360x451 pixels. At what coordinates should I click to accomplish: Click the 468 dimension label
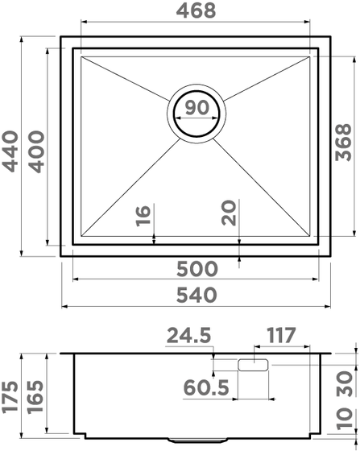coord(196,10)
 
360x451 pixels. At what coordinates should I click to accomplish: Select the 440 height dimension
coord(10,151)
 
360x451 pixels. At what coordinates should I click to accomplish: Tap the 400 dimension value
coord(37,151)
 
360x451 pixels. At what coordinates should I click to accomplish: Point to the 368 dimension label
coord(344,143)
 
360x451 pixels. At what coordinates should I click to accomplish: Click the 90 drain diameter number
coord(197,107)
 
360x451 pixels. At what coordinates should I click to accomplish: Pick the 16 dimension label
coord(143,216)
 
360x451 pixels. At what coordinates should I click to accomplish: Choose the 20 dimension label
coord(229,213)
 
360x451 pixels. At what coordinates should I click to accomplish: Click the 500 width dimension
coord(197,269)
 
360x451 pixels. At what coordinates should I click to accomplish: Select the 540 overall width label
coord(197,295)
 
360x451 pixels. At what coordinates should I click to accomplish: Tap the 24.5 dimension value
coord(188,335)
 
